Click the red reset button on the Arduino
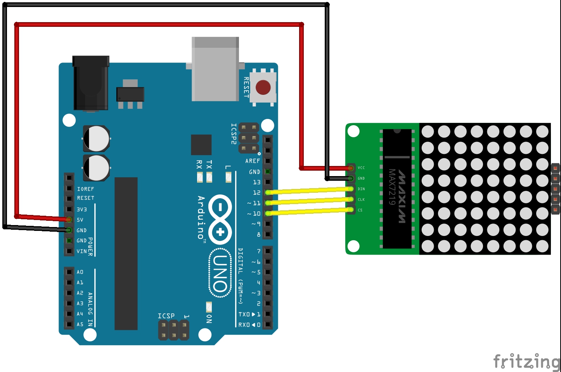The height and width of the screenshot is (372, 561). click(x=263, y=88)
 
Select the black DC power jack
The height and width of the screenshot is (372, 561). click(x=91, y=83)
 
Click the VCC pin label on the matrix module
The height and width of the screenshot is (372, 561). click(x=361, y=168)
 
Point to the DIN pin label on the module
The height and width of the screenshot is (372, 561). click(x=361, y=189)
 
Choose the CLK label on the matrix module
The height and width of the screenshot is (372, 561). click(x=361, y=199)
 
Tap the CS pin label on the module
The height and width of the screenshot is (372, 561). click(x=360, y=210)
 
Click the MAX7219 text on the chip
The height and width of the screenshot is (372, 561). click(x=392, y=187)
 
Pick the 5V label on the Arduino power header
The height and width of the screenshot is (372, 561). click(x=80, y=220)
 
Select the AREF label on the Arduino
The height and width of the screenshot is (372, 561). click(x=253, y=161)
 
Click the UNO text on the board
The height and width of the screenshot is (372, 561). click(x=220, y=274)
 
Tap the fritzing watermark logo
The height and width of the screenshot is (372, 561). click(x=526, y=362)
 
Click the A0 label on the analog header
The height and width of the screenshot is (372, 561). click(x=80, y=272)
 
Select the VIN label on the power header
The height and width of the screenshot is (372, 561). click(x=81, y=251)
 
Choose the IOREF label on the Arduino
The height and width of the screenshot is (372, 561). click(x=85, y=189)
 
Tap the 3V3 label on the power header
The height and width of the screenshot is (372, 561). click(x=81, y=209)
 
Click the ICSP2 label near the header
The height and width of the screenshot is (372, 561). click(x=234, y=134)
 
